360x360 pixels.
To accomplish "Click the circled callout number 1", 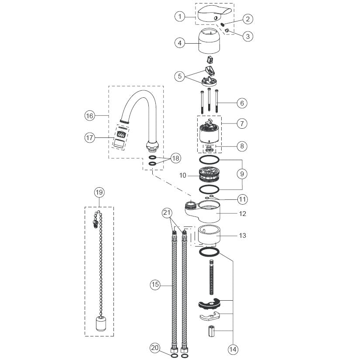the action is pyautogui.click(x=180, y=17).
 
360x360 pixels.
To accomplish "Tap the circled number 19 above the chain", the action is pyautogui.click(x=99, y=192).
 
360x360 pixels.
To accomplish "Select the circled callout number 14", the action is pyautogui.click(x=233, y=350).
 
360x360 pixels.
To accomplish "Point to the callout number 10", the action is pyautogui.click(x=182, y=175).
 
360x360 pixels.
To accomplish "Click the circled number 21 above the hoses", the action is pyautogui.click(x=167, y=213).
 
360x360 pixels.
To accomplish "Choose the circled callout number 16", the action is pyautogui.click(x=89, y=116).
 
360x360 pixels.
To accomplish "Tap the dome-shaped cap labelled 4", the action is pyautogui.click(x=209, y=41).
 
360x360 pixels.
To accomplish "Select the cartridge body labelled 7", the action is pyautogui.click(x=209, y=133).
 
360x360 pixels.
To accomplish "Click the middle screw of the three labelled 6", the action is pyautogui.click(x=209, y=99).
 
